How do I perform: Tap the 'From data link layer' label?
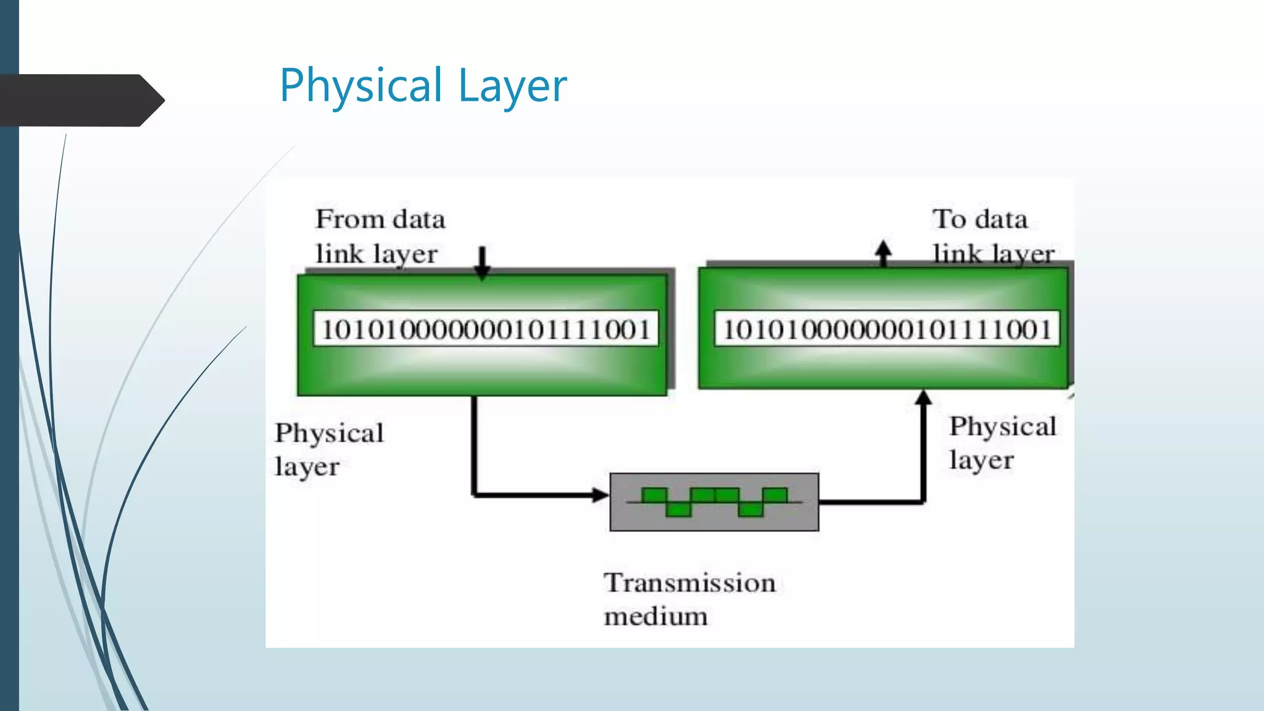[379, 236]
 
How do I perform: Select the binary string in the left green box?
[486, 329]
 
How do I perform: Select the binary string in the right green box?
[886, 329]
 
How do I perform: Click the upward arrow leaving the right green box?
[883, 253]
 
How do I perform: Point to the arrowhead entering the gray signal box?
[600, 494]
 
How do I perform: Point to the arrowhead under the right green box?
[923, 397]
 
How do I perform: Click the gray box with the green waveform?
[714, 502]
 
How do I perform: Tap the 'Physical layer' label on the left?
[329, 449]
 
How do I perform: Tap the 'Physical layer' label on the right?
[1002, 443]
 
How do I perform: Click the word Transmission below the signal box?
[689, 583]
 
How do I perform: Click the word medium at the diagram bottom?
[655, 616]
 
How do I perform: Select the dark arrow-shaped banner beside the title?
[80, 100]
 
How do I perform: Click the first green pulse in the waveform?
[654, 495]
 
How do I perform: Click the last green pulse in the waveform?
[775, 495]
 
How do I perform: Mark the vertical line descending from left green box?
[474, 444]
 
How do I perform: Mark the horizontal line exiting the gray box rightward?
[870, 502]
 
